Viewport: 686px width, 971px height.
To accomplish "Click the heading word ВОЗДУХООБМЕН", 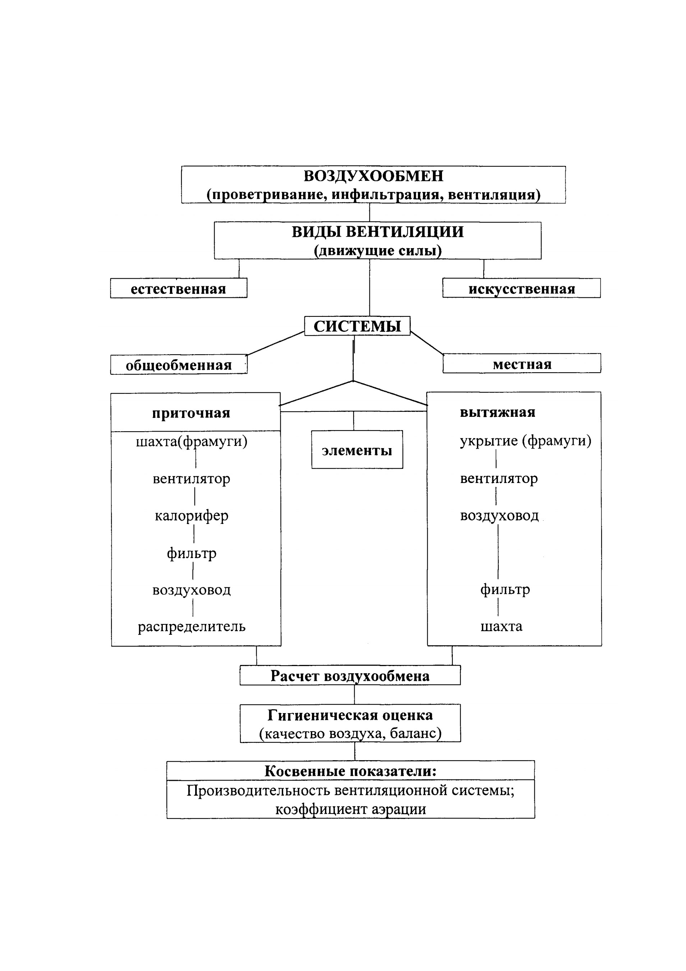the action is click(x=373, y=176).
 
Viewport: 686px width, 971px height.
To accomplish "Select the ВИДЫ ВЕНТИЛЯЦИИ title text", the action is click(x=377, y=232).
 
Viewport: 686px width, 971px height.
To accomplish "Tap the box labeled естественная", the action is click(x=179, y=288).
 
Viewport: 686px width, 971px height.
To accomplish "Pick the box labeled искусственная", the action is click(x=521, y=288).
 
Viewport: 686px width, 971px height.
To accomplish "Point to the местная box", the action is click(x=521, y=363).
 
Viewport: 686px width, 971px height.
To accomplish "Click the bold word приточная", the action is click(x=191, y=413).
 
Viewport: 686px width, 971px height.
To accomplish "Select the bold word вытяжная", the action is click(x=497, y=412).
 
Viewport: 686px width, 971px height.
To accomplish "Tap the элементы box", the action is click(x=357, y=450).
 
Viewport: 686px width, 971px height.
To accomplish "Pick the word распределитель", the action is click(x=192, y=627).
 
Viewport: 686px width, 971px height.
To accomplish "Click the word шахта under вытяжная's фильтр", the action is click(x=501, y=626).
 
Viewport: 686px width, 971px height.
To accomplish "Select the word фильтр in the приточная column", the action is click(x=192, y=553).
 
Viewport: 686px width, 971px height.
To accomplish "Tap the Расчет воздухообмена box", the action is click(x=350, y=675).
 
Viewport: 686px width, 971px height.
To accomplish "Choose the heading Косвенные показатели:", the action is click(x=350, y=771).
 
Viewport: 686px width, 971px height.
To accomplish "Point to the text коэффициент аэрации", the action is click(x=350, y=810).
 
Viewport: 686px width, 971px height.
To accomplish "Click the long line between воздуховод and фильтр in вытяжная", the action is click(x=498, y=551).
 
